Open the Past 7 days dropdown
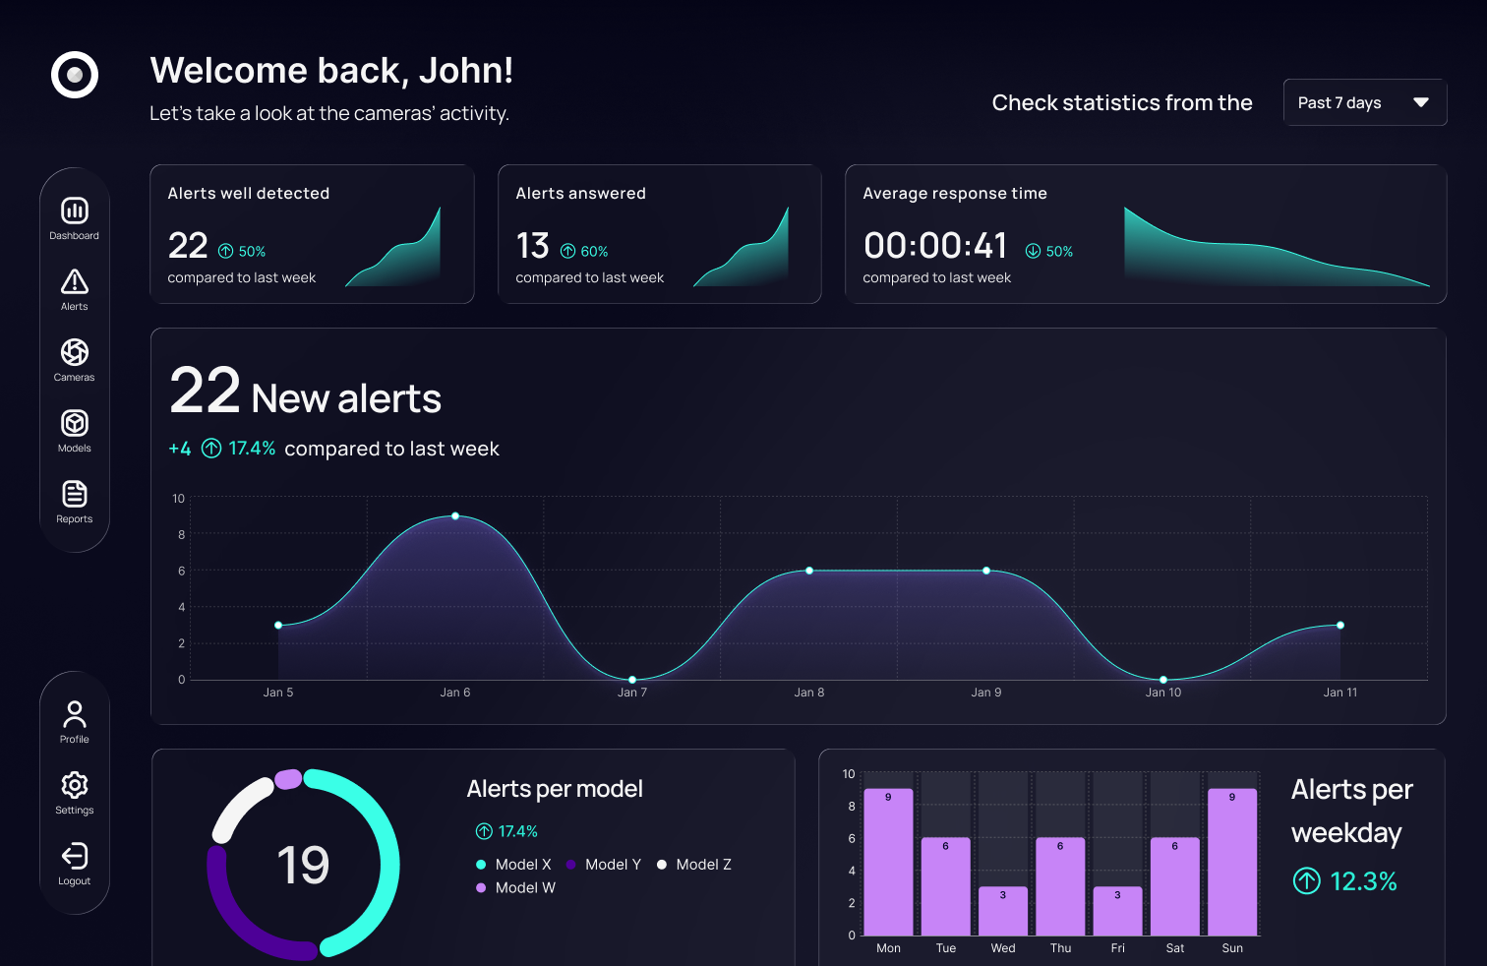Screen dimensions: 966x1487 (1364, 102)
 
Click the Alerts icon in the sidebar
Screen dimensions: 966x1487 (75, 282)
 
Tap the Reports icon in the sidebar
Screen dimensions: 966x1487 (75, 494)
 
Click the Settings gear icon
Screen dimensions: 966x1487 (75, 785)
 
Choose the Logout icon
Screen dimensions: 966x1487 (75, 856)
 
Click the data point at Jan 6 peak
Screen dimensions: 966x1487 (455, 515)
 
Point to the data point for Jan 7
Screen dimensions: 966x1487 (632, 680)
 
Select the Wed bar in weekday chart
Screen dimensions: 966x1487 (1003, 911)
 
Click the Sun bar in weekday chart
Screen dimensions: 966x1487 (1232, 862)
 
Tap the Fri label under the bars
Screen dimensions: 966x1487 (1117, 948)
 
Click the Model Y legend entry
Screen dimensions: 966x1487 (604, 865)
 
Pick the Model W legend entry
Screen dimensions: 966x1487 (516, 888)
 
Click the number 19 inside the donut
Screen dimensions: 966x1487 (303, 866)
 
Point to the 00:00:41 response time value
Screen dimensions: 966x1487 (935, 245)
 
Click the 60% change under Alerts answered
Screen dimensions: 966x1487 (585, 252)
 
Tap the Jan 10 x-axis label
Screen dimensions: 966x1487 (1162, 693)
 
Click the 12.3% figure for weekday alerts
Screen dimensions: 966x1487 (1362, 881)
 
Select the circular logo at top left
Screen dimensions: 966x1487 (75, 75)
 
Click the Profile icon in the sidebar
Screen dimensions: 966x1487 (75, 713)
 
